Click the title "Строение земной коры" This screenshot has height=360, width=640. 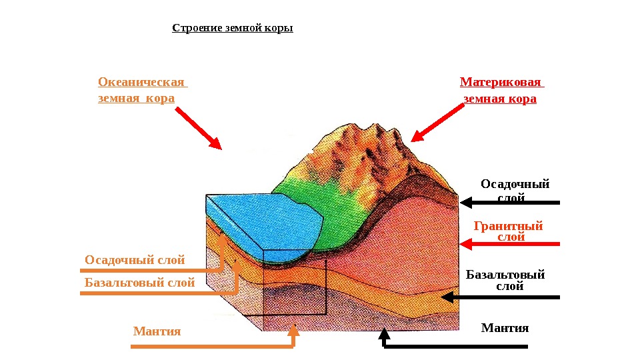point(233,29)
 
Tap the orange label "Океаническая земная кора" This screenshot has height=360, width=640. point(142,90)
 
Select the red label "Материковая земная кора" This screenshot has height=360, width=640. point(501,90)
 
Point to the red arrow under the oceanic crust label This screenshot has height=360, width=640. point(199,128)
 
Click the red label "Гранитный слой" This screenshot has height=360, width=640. point(508,231)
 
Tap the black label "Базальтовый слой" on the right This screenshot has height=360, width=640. point(505,280)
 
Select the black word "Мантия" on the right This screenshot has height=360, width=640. point(505,328)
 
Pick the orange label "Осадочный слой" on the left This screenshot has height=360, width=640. point(135,260)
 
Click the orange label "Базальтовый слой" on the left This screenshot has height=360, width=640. point(140,283)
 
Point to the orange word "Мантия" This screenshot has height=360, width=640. point(157,331)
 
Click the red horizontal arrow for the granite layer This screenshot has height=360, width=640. point(510,245)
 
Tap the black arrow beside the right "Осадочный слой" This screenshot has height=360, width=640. point(510,202)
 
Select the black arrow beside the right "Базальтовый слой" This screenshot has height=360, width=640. point(501,297)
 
